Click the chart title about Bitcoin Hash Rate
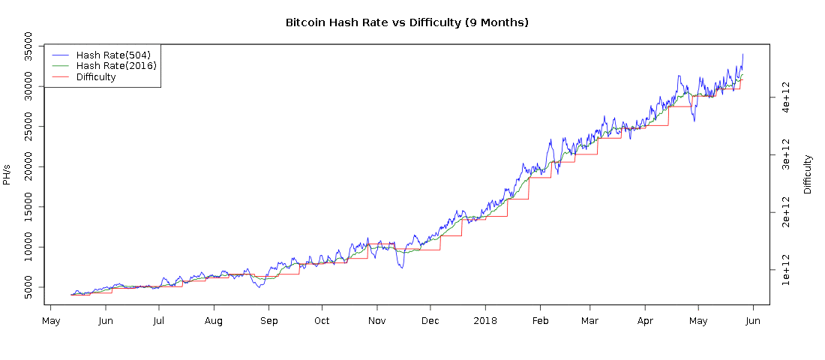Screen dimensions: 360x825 [x=407, y=22]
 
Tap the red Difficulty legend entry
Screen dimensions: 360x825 [x=96, y=77]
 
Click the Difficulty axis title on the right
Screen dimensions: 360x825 [x=808, y=174]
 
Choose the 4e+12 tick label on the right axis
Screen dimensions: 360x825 [x=787, y=97]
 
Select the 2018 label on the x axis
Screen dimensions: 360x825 [x=485, y=320]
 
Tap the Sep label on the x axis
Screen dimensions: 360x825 [x=268, y=320]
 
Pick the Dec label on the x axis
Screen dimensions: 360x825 [x=430, y=320]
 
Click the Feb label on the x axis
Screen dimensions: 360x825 [x=541, y=320]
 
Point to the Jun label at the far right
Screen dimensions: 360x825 [x=753, y=320]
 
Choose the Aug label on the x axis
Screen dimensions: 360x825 [x=214, y=320]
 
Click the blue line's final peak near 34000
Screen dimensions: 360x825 [x=742, y=54]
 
